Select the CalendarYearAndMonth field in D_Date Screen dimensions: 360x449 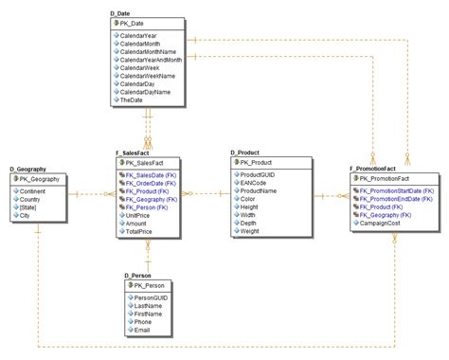click(x=153, y=59)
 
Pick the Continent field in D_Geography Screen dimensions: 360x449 click(x=34, y=190)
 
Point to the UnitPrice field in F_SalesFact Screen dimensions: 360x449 click(x=138, y=215)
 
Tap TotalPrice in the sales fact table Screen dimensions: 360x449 click(x=139, y=232)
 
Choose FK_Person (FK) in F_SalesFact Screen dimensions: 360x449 click(x=151, y=207)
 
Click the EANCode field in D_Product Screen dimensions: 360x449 click(x=256, y=183)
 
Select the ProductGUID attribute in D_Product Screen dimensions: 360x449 click(x=260, y=174)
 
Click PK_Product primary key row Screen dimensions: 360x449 click(x=258, y=162)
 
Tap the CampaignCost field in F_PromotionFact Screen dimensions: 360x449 click(x=383, y=224)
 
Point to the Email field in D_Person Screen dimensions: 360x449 click(x=143, y=331)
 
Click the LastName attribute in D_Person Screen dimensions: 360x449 click(x=149, y=305)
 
